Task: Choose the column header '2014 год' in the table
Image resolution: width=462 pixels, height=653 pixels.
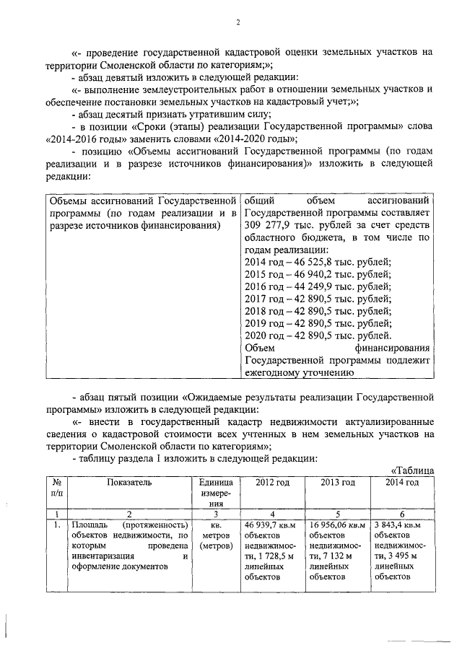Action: tap(401, 482)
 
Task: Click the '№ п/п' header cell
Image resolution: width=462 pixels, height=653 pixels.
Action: tap(56, 488)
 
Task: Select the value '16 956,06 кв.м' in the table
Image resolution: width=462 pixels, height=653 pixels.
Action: tap(337, 525)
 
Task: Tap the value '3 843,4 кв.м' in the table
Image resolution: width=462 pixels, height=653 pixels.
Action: tap(400, 525)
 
